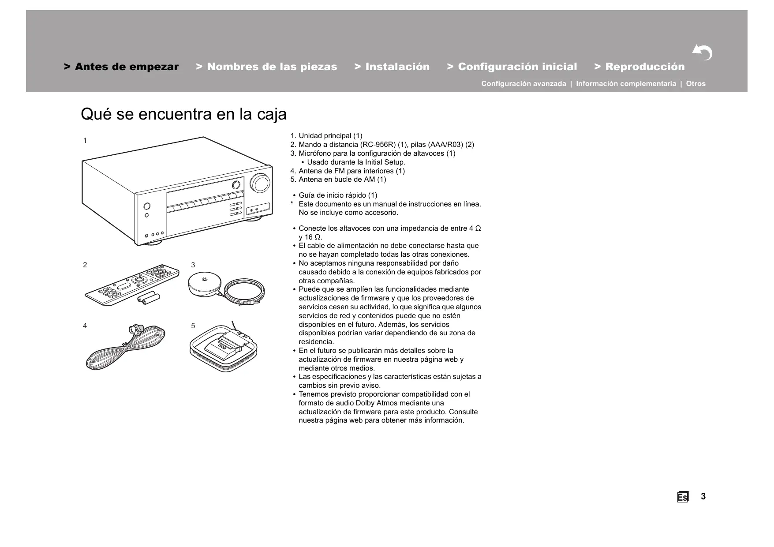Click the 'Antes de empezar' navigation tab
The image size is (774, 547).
pos(121,67)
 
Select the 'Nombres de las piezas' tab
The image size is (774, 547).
pos(266,67)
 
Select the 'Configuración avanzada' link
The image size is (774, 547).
pos(523,84)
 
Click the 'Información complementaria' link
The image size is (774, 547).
pos(626,84)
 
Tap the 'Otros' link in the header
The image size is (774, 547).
pos(695,84)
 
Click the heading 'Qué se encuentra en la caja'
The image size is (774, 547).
pos(183,114)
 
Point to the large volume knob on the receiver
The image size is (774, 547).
pos(259,183)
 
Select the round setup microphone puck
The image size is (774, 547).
pos(204,283)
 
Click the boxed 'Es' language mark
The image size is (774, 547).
pos(682,497)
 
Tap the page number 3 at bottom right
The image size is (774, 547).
pos(703,497)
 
